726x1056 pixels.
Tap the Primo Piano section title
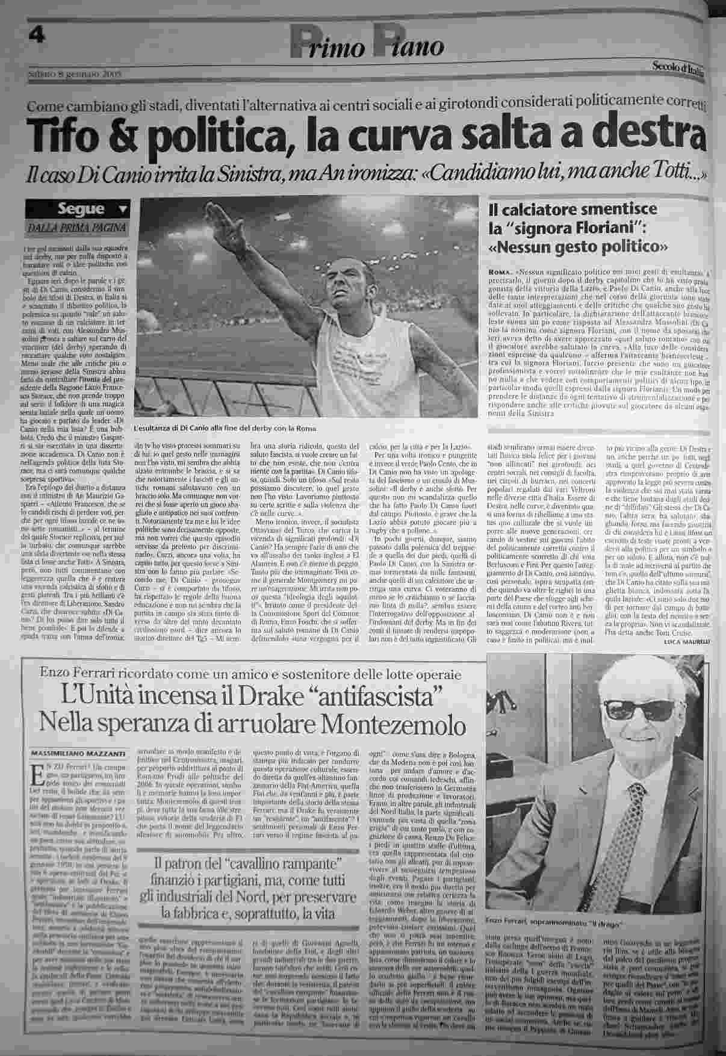point(367,46)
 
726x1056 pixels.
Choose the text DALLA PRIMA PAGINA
point(78,228)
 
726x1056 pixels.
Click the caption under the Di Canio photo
point(225,429)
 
